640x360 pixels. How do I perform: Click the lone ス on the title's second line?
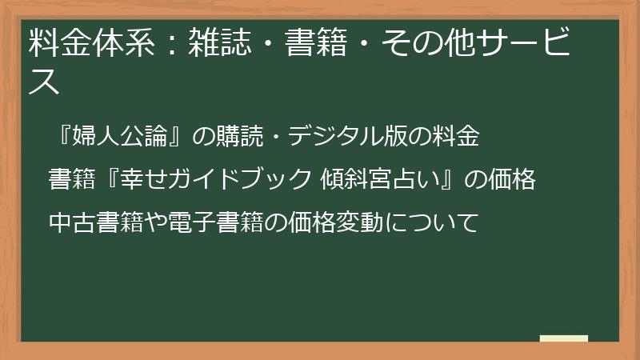(44, 82)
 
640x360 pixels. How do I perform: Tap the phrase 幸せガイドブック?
(213, 179)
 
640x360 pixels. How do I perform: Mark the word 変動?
(360, 221)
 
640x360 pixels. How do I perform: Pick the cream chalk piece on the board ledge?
(564, 338)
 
